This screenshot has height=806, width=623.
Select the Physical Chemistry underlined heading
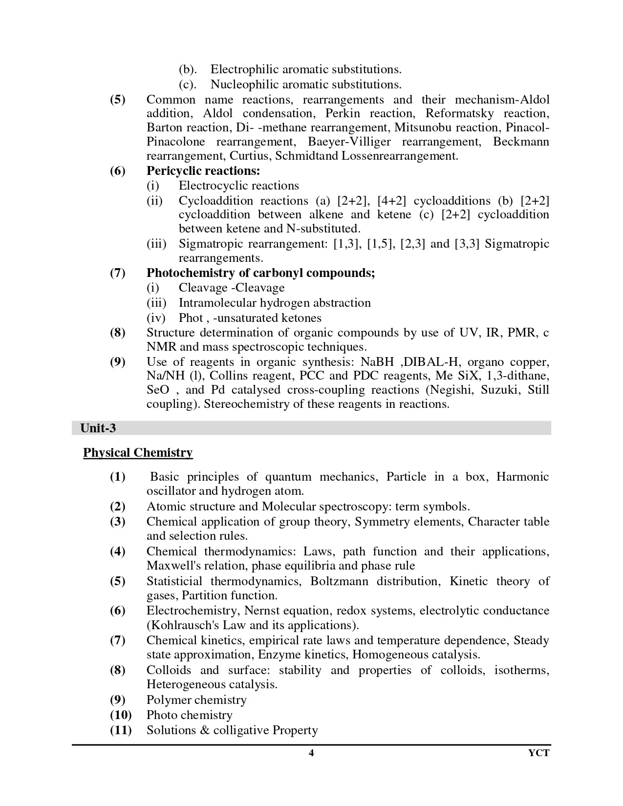point(138,453)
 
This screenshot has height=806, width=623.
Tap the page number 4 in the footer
point(311,753)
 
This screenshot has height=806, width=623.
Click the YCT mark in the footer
point(538,753)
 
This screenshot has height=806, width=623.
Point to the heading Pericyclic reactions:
point(203,171)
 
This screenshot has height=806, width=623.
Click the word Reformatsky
point(459,113)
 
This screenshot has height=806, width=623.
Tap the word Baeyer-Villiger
point(349,142)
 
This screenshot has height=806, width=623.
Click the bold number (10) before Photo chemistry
point(121,715)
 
